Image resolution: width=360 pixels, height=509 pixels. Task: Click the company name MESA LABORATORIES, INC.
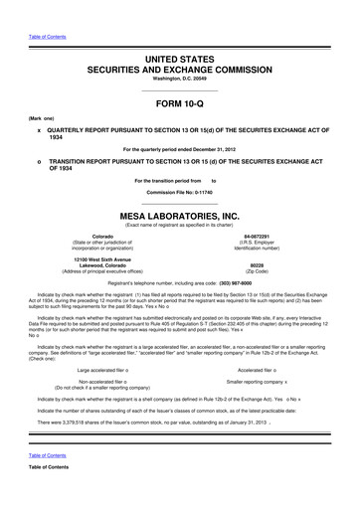[179, 214]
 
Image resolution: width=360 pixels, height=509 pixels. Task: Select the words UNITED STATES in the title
[179, 35]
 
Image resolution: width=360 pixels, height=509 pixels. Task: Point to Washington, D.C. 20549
[179, 57]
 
